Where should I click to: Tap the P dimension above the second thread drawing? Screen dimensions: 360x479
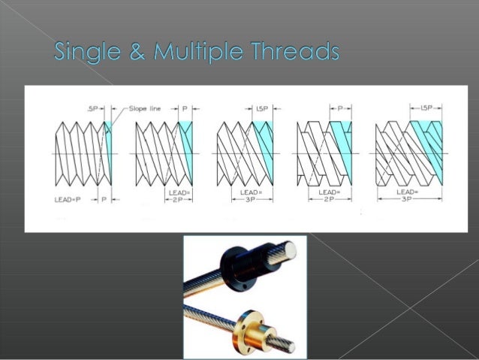185,108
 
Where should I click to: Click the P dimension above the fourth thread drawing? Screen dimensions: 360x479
342,108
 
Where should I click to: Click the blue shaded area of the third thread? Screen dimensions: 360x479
264,147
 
